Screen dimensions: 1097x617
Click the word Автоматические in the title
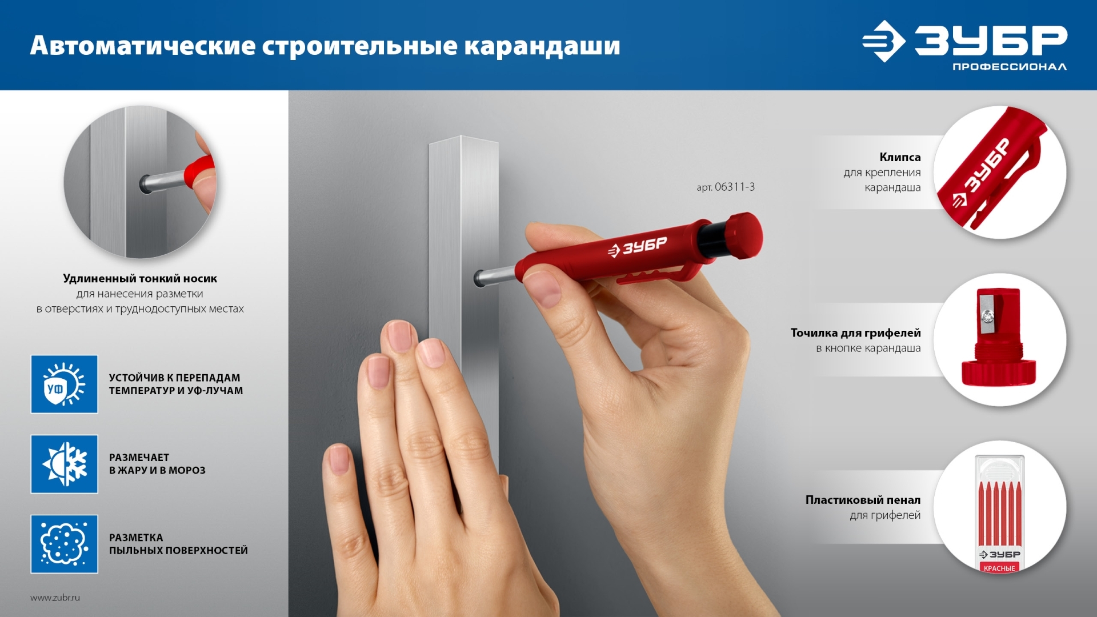(143, 45)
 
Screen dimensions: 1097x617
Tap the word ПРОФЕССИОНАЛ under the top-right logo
(1009, 67)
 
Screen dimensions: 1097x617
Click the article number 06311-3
(735, 187)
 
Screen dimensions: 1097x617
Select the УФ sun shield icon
(65, 384)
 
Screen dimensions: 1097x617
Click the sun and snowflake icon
(65, 464)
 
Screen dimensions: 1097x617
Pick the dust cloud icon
(65, 544)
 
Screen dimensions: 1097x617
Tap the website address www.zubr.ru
(55, 598)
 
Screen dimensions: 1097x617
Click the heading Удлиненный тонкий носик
(140, 278)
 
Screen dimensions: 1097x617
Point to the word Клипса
(900, 157)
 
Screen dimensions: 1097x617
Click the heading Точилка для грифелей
(855, 332)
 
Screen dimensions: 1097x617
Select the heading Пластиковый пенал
(863, 500)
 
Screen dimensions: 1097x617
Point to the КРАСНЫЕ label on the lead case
(999, 568)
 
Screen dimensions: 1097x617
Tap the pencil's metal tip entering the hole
(495, 276)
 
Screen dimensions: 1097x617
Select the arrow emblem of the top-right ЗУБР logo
(883, 41)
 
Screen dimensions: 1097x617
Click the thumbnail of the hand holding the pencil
(140, 182)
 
